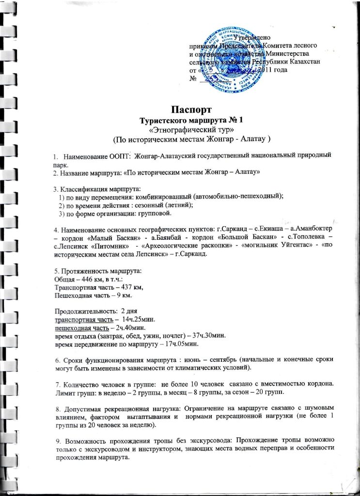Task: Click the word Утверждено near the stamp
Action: point(254,38)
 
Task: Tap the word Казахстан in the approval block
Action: point(302,62)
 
